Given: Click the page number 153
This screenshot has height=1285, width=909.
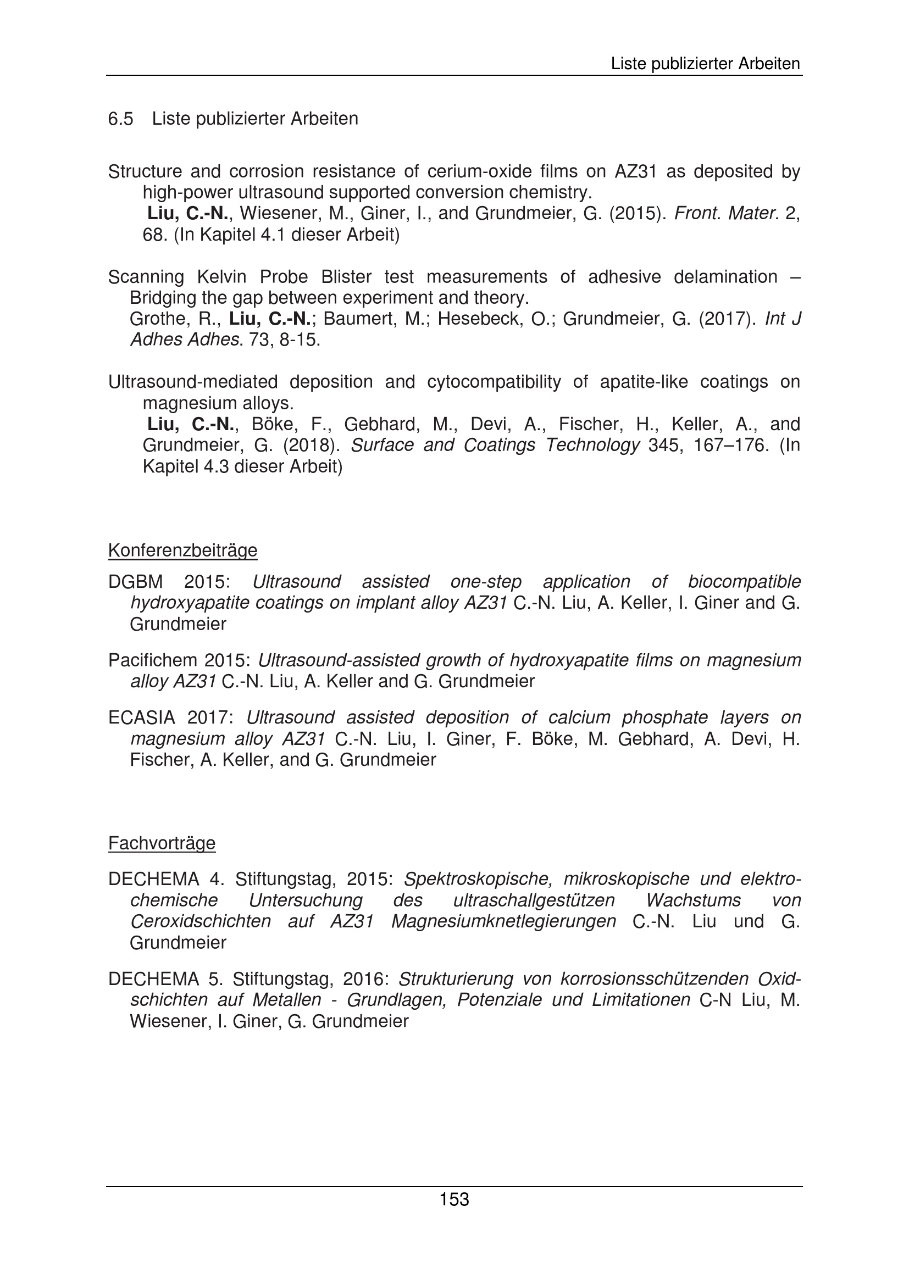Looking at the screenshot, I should [454, 1199].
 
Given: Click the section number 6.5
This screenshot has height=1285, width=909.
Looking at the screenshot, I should [120, 119].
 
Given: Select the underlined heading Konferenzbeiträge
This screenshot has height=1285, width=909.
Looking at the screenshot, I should [182, 550].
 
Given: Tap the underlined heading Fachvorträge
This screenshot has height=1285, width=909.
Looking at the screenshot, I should [162, 843].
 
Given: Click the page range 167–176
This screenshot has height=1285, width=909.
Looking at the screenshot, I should [729, 446].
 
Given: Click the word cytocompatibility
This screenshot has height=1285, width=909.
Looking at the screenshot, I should [494, 382].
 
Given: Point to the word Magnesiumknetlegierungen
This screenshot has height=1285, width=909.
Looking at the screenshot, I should [503, 921].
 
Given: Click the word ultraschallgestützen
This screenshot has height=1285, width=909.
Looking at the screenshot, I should [534, 900].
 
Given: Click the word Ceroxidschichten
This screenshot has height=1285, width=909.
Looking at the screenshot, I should [201, 921].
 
